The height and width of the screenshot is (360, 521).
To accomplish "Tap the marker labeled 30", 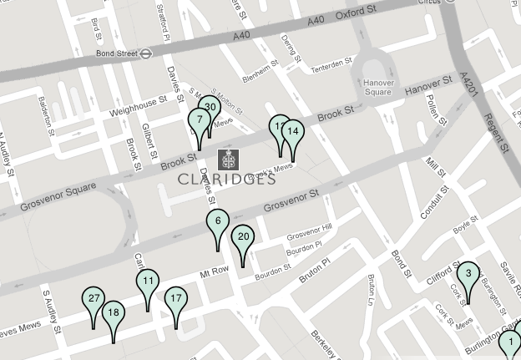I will [x=210, y=108].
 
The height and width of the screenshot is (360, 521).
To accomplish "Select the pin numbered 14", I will [x=292, y=132].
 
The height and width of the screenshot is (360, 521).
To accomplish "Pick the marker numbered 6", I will [x=218, y=222].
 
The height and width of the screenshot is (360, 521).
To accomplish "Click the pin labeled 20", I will [x=243, y=237].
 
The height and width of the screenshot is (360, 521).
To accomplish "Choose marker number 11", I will [x=148, y=281].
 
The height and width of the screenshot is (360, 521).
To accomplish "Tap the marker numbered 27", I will [x=94, y=299].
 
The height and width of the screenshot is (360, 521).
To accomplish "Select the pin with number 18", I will [x=113, y=313].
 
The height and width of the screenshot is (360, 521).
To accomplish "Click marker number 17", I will [x=175, y=299].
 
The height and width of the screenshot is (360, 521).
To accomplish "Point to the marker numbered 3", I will [x=468, y=274].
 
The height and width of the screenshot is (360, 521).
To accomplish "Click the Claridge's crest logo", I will [x=227, y=159].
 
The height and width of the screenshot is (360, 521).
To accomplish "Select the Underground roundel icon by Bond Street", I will [x=146, y=52].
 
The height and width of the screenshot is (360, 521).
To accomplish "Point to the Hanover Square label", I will [x=377, y=87].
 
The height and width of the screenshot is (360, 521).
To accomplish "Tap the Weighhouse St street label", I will [x=133, y=107].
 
